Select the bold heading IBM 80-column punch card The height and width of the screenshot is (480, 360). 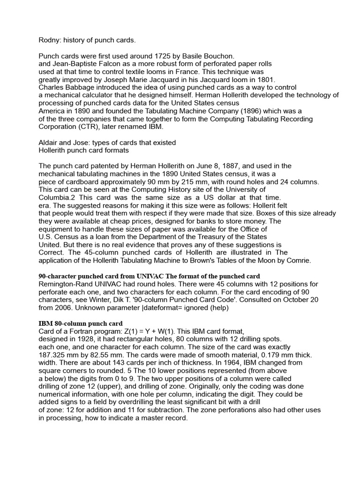coord(80,323)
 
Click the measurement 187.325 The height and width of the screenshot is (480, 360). coord(53,355)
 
